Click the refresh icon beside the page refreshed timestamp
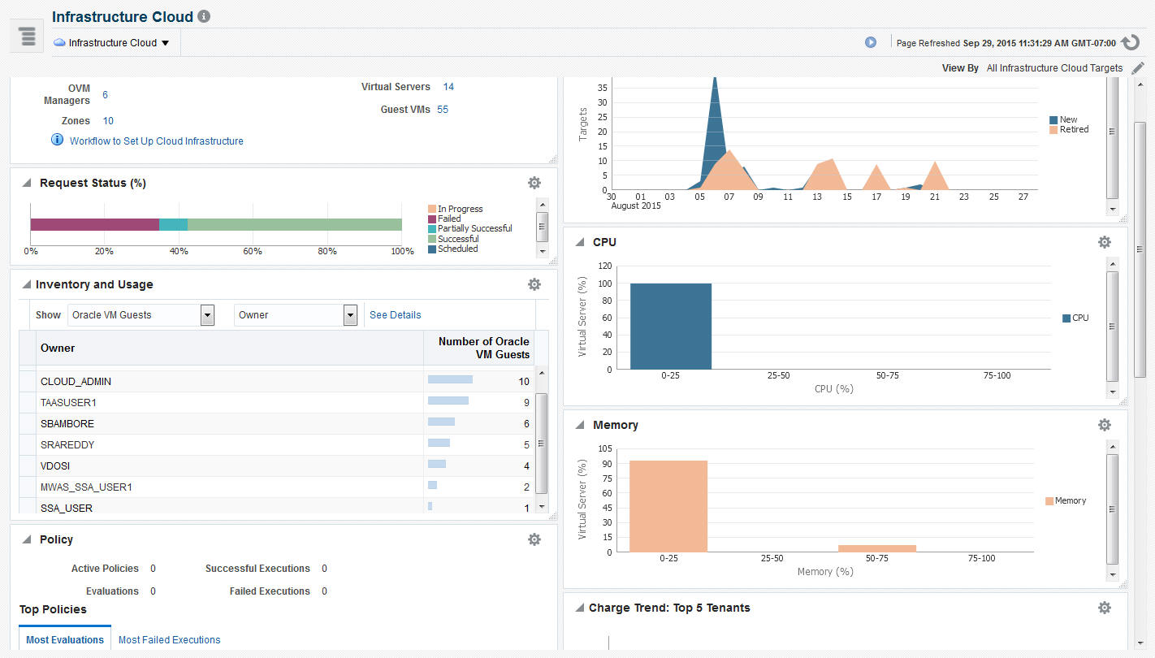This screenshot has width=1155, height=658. point(1131,43)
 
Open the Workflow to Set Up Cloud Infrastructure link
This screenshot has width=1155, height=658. point(156,141)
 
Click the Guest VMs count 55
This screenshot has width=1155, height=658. point(443,110)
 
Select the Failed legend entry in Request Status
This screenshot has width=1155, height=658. point(449,219)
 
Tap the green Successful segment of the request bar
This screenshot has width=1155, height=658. point(294,225)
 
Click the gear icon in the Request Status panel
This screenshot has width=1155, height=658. point(534,183)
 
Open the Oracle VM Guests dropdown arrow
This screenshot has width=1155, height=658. point(207,315)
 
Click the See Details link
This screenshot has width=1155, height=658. point(396,315)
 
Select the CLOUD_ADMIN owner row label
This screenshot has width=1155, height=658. point(76,382)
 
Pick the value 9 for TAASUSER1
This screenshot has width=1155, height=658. point(526,403)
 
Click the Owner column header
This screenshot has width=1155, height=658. point(58,348)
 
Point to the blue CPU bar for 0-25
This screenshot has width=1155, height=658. point(670,326)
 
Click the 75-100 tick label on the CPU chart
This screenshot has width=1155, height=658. point(997,376)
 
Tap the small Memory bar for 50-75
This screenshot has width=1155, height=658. point(876,548)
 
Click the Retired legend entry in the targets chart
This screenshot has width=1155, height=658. point(1074,130)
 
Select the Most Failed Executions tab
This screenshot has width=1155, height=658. point(169,640)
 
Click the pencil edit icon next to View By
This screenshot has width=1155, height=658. point(1137,68)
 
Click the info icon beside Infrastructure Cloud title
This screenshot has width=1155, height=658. point(204,16)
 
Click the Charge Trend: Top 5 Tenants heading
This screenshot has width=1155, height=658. point(669,608)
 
